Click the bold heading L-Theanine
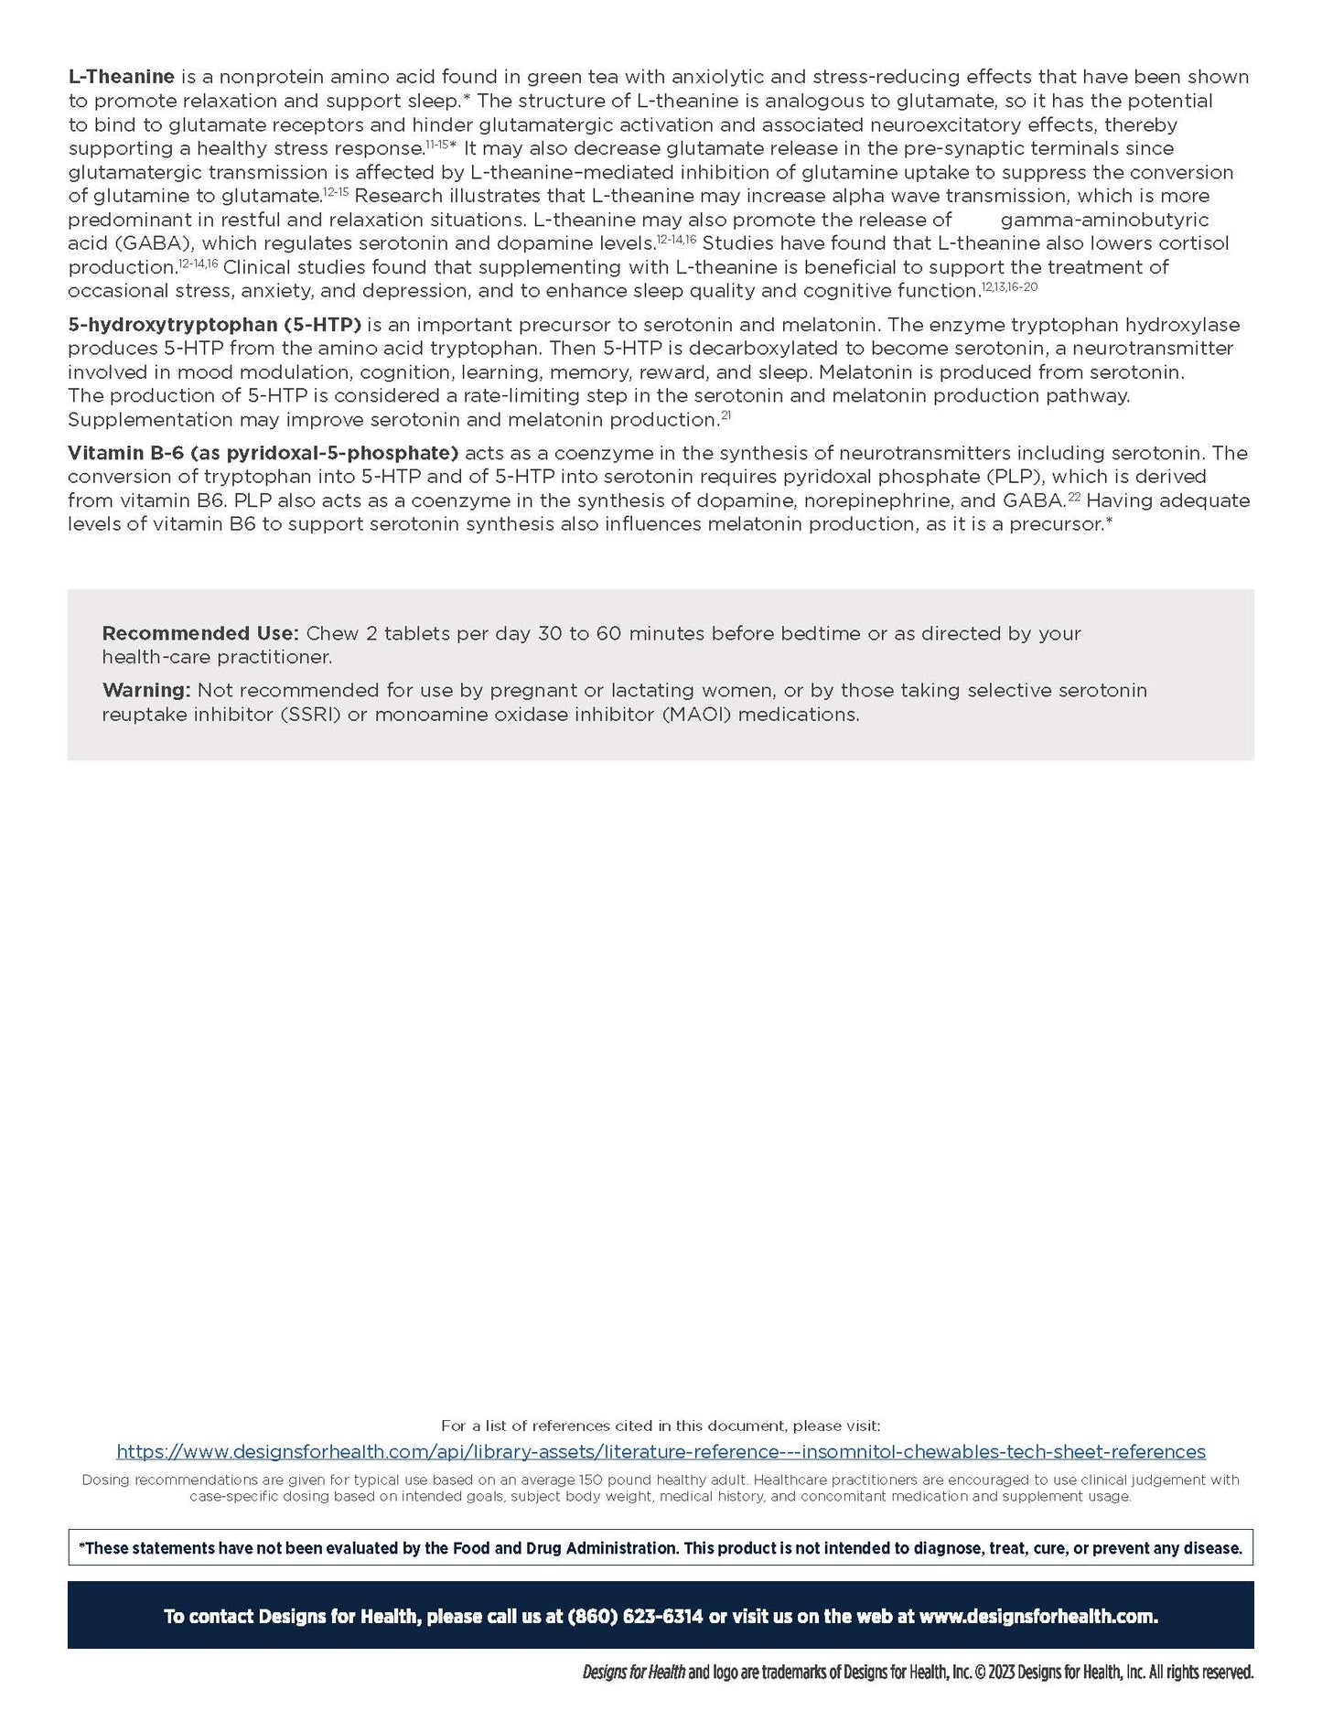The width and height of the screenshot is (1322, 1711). (121, 77)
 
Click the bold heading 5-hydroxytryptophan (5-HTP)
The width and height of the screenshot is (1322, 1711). (214, 325)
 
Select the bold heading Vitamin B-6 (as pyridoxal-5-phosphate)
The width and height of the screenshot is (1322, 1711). (263, 453)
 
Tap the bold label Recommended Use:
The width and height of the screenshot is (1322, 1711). (199, 633)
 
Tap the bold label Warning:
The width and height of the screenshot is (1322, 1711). (146, 690)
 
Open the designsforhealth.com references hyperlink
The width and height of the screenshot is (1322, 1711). (661, 1451)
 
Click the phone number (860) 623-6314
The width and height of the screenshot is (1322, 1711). (635, 1617)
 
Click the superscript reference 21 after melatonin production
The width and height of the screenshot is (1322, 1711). (725, 416)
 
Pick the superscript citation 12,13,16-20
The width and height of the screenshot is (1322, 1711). (1010, 287)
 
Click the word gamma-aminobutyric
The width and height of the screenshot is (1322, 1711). (1104, 221)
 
